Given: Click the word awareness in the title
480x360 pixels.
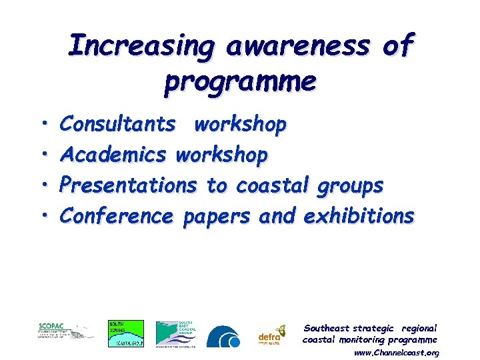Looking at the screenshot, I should tap(299, 47).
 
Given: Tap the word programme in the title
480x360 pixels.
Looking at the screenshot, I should tap(240, 82).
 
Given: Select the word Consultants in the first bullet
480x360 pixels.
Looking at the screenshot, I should tap(118, 125).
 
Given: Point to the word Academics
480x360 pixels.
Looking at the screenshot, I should tap(113, 155).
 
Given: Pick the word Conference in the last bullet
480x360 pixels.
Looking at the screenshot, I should tap(117, 217).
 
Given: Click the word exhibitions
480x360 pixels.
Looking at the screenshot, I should tap(359, 217).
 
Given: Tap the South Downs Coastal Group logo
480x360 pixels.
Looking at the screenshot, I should tap(126, 333).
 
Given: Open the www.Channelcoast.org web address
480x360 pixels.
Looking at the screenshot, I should tap(396, 353).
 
